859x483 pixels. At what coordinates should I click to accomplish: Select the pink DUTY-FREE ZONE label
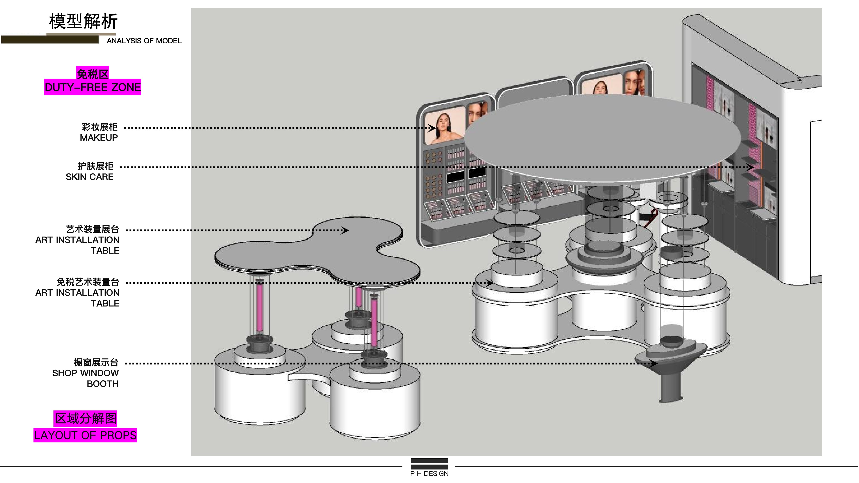click(93, 87)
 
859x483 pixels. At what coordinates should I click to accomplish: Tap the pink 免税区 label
click(93, 73)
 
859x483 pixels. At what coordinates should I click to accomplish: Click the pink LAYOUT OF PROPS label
click(85, 435)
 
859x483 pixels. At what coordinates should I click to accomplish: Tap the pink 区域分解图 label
click(86, 418)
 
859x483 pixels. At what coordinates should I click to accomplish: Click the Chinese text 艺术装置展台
click(93, 229)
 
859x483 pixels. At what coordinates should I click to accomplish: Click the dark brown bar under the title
click(50, 40)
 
